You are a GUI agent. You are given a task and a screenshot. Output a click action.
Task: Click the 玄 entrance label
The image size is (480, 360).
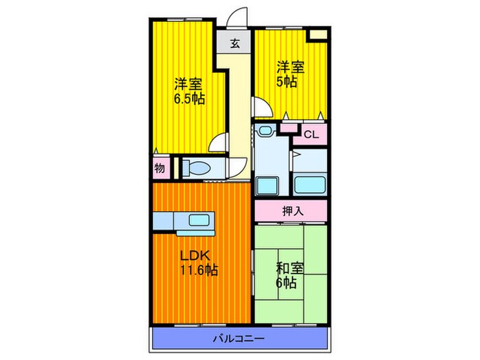(x=235, y=44)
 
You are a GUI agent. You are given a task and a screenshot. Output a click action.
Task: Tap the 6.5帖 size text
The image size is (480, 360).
(x=189, y=99)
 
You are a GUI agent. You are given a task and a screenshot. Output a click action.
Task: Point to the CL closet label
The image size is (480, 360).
(x=311, y=135)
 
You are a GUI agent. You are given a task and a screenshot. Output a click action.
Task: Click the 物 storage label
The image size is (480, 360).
(x=159, y=167)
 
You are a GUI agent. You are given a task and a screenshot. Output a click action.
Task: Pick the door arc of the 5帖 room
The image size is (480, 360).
(x=263, y=107)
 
